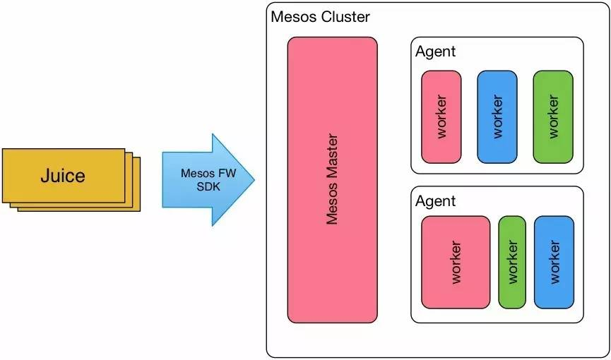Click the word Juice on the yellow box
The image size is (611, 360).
click(63, 175)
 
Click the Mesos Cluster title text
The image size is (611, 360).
click(320, 16)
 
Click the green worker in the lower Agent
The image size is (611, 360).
click(512, 282)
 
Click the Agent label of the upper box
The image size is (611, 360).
click(435, 51)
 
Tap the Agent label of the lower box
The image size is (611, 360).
click(435, 201)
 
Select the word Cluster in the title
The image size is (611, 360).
click(345, 16)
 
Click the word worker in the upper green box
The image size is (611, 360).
click(552, 116)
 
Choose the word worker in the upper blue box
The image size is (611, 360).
click(497, 116)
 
